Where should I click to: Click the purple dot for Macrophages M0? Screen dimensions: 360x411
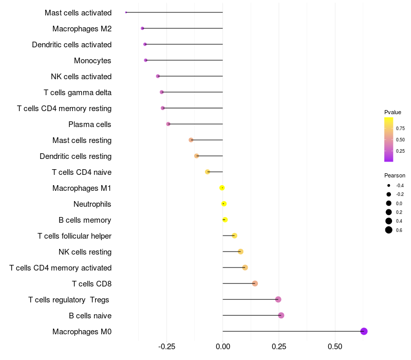pyautogui.click(x=364, y=331)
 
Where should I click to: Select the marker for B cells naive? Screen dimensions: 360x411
pyautogui.click(x=281, y=315)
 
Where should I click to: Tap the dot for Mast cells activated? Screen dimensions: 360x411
pyautogui.click(x=126, y=12)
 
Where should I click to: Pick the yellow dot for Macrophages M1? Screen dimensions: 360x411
pyautogui.click(x=222, y=188)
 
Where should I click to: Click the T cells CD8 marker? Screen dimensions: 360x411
pyautogui.click(x=255, y=283)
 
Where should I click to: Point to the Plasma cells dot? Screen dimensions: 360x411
pyautogui.click(x=168, y=124)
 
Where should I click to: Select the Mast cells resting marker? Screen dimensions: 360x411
pyautogui.click(x=191, y=140)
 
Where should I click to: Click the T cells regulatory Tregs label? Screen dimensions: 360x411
pyautogui.click(x=69, y=300)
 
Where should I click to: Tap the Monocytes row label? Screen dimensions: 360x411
pyautogui.click(x=92, y=61)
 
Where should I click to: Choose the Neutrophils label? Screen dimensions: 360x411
pyautogui.click(x=92, y=204)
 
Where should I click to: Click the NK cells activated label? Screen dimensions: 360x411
pyautogui.click(x=81, y=77)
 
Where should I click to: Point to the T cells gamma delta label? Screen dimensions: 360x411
pyautogui.click(x=78, y=93)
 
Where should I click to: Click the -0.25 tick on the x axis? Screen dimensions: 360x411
pyautogui.click(x=167, y=347)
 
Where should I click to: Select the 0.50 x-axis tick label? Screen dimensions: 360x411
pyautogui.click(x=335, y=347)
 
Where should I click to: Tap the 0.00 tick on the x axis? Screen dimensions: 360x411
pyautogui.click(x=222, y=347)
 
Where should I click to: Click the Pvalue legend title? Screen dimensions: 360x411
pyautogui.click(x=393, y=112)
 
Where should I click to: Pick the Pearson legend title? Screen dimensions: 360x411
pyautogui.click(x=395, y=175)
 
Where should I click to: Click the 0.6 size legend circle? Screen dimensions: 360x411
pyautogui.click(x=389, y=230)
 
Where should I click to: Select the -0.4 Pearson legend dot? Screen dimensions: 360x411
pyautogui.click(x=389, y=186)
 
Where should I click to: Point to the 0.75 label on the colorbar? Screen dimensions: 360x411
pyautogui.click(x=400, y=128)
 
